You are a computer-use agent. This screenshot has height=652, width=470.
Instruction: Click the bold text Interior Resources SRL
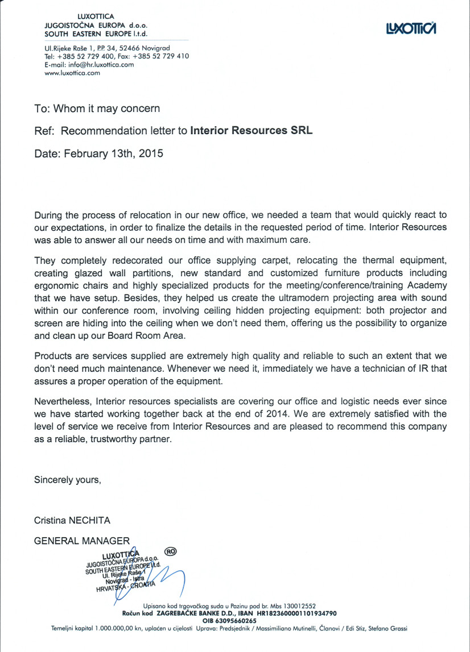pyautogui.click(x=252, y=131)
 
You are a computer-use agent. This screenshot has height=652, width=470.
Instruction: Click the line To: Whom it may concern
pyautogui.click(x=97, y=108)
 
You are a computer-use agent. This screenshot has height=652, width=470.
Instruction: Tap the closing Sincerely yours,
pyautogui.click(x=68, y=480)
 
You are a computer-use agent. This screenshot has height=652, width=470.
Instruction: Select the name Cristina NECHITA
pyautogui.click(x=72, y=520)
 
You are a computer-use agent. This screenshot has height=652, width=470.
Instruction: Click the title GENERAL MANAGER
pyautogui.click(x=82, y=541)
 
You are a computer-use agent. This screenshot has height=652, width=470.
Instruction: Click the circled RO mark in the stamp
pyautogui.click(x=170, y=550)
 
